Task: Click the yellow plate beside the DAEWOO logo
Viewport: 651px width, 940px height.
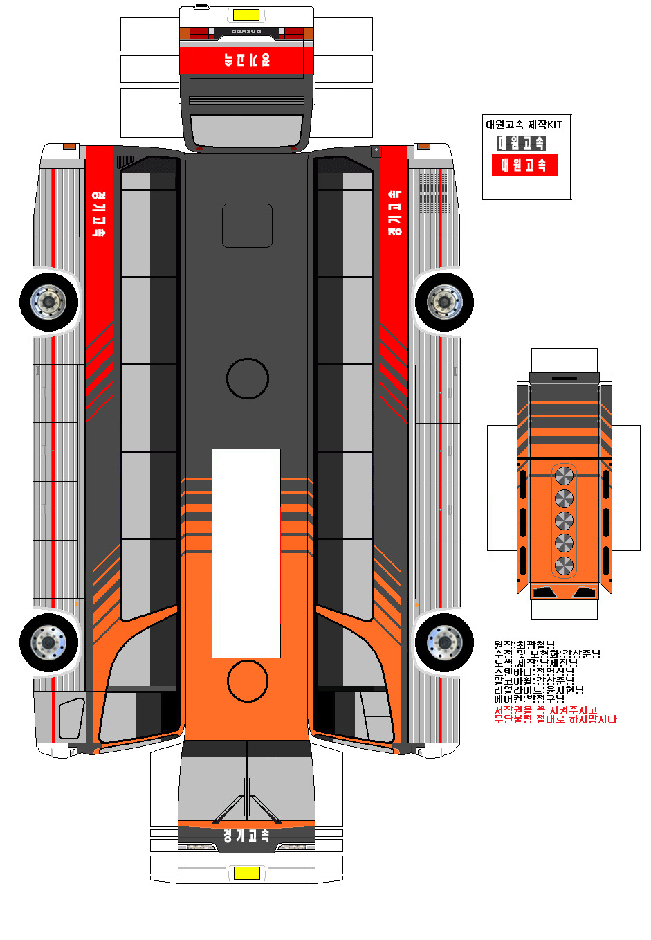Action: tap(246, 15)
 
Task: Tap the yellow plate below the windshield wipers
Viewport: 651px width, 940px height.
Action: tap(246, 873)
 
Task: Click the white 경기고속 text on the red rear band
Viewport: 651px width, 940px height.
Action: tap(246, 60)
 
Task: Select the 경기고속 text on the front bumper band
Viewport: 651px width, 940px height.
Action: tap(246, 835)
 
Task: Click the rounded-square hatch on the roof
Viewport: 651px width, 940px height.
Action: tap(247, 226)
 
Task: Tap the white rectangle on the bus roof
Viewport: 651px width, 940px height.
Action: tap(246, 552)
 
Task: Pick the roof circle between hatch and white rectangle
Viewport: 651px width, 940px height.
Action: tap(247, 378)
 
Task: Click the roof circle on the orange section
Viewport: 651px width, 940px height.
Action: tap(247, 680)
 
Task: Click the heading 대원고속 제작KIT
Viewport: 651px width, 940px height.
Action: tap(524, 125)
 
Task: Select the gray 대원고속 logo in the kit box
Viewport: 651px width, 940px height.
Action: tap(522, 143)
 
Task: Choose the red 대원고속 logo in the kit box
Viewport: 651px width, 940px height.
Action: tap(524, 165)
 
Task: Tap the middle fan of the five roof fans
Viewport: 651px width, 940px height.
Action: tap(564, 521)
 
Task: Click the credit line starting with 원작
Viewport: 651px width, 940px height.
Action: tap(524, 645)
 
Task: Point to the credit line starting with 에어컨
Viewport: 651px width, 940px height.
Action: tap(529, 699)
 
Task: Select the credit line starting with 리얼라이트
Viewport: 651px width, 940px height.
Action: tap(538, 690)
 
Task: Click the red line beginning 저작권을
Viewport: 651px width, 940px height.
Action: tap(545, 710)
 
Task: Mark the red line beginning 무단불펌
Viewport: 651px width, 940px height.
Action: tap(555, 719)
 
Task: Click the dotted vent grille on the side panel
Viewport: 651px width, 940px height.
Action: tap(432, 192)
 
